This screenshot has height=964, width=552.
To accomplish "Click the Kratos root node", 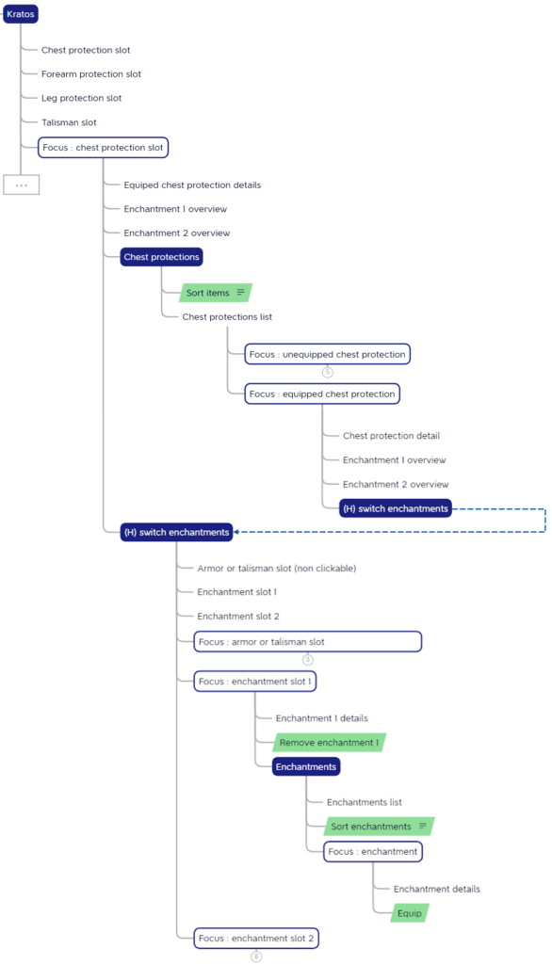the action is pyautogui.click(x=21, y=14).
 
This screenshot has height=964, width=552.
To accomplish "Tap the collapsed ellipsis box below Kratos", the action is pyautogui.click(x=22, y=185).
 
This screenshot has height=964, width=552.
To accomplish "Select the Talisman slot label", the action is pyautogui.click(x=69, y=122).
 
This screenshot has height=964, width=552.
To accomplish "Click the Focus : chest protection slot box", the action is pyautogui.click(x=103, y=148).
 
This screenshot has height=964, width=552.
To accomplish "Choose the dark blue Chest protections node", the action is pyautogui.click(x=161, y=257).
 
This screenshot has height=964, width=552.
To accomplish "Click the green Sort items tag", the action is pyautogui.click(x=216, y=293).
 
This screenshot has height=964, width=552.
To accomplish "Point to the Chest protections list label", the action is pyautogui.click(x=227, y=316).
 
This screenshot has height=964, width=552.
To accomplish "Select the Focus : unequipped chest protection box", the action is pyautogui.click(x=328, y=354).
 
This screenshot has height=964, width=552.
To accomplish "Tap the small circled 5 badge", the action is pyautogui.click(x=328, y=372).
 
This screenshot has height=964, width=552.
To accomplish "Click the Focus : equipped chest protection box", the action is pyautogui.click(x=322, y=394).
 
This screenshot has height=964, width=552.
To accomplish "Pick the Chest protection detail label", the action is pyautogui.click(x=391, y=436).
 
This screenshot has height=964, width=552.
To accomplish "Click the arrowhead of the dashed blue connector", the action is pyautogui.click(x=236, y=533).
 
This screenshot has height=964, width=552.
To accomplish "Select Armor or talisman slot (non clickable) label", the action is pyautogui.click(x=276, y=568).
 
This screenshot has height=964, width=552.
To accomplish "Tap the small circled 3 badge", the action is pyautogui.click(x=308, y=660).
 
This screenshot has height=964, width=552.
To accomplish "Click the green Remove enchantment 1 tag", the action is pyautogui.click(x=330, y=743).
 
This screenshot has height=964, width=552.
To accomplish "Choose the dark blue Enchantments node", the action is pyautogui.click(x=306, y=766).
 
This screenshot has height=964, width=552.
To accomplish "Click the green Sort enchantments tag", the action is pyautogui.click(x=379, y=827).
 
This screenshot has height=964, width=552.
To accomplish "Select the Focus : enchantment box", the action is pyautogui.click(x=373, y=851).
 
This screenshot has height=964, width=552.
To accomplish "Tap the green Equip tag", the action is pyautogui.click(x=409, y=913).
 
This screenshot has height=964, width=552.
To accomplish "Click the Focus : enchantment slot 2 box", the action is pyautogui.click(x=256, y=939).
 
